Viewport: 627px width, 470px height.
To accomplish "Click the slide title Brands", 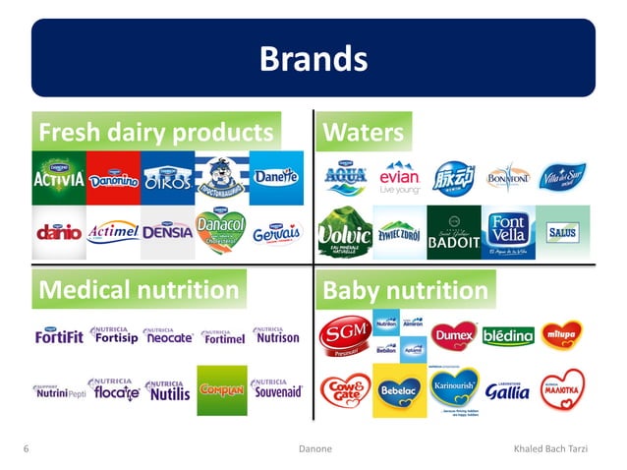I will click(x=313, y=59).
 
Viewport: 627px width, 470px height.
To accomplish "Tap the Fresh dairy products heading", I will click(x=154, y=133).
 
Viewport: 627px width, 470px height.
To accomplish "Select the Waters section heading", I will click(x=364, y=133).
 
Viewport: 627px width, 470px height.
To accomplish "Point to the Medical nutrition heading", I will click(x=138, y=290).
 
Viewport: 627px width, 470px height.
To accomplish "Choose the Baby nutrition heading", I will click(x=405, y=291).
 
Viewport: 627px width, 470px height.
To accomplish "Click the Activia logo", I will click(x=59, y=178).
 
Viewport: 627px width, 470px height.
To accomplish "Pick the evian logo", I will click(x=400, y=180).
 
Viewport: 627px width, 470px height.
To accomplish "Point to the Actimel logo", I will click(x=113, y=234).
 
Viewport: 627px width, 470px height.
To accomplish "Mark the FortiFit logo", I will click(x=58, y=336).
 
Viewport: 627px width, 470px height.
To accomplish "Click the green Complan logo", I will click(x=222, y=391).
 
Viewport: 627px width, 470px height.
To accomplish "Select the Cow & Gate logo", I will click(x=345, y=391).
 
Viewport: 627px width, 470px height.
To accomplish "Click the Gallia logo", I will click(x=507, y=390).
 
